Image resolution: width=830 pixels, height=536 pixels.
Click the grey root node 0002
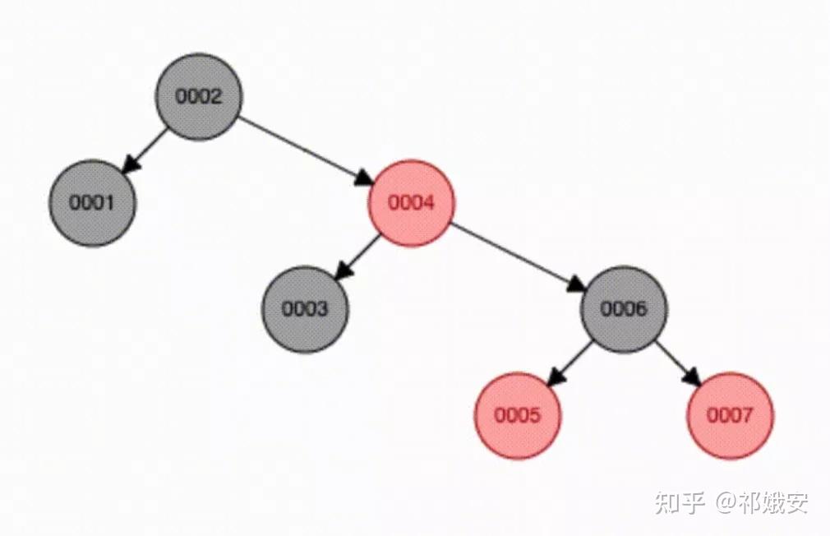coord(199,97)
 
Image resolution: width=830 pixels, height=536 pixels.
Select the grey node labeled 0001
coord(92,203)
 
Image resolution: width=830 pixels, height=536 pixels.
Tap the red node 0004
coord(411,203)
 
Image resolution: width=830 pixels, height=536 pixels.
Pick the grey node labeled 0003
coord(305,309)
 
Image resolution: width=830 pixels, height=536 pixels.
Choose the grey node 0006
coord(624,309)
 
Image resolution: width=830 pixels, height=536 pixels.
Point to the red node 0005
coord(518,415)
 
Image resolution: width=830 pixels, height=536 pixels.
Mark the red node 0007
coord(730,415)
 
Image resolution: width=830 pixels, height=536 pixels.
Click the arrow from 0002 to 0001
coord(148,148)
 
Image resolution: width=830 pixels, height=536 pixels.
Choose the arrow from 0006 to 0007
coord(676,361)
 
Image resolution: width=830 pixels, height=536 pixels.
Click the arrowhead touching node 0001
coord(131,164)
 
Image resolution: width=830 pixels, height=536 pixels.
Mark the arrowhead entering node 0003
coord(344,270)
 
